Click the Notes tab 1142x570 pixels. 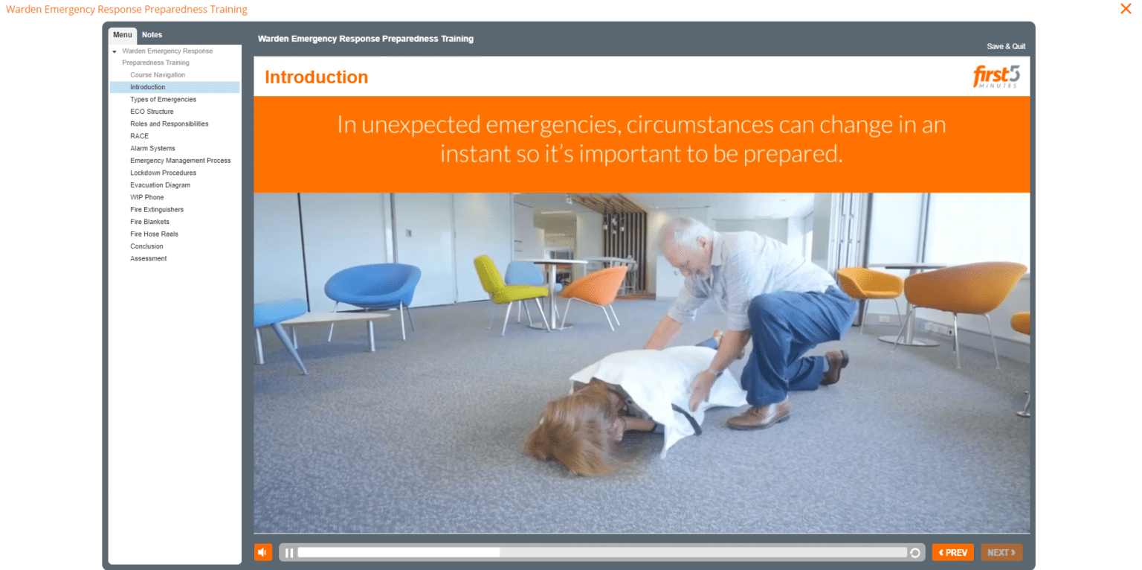point(152,35)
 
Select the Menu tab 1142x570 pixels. point(123,35)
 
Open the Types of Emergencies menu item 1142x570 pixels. point(163,100)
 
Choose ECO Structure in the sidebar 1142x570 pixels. point(152,112)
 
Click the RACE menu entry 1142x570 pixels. point(139,136)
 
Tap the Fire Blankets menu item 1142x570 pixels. point(149,222)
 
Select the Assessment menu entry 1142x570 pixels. point(148,259)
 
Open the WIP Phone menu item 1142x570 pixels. point(146,197)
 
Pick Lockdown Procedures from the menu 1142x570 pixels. point(163,173)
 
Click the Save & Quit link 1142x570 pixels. point(1005,46)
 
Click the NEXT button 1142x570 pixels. point(1001,553)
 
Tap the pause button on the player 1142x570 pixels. point(289,553)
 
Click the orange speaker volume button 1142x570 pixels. point(262,552)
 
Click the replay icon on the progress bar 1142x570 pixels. point(914,553)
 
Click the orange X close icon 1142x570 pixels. point(1126,9)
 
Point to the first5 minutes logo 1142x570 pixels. point(996,77)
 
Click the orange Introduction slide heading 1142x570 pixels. point(316,77)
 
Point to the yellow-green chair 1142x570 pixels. point(500,281)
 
